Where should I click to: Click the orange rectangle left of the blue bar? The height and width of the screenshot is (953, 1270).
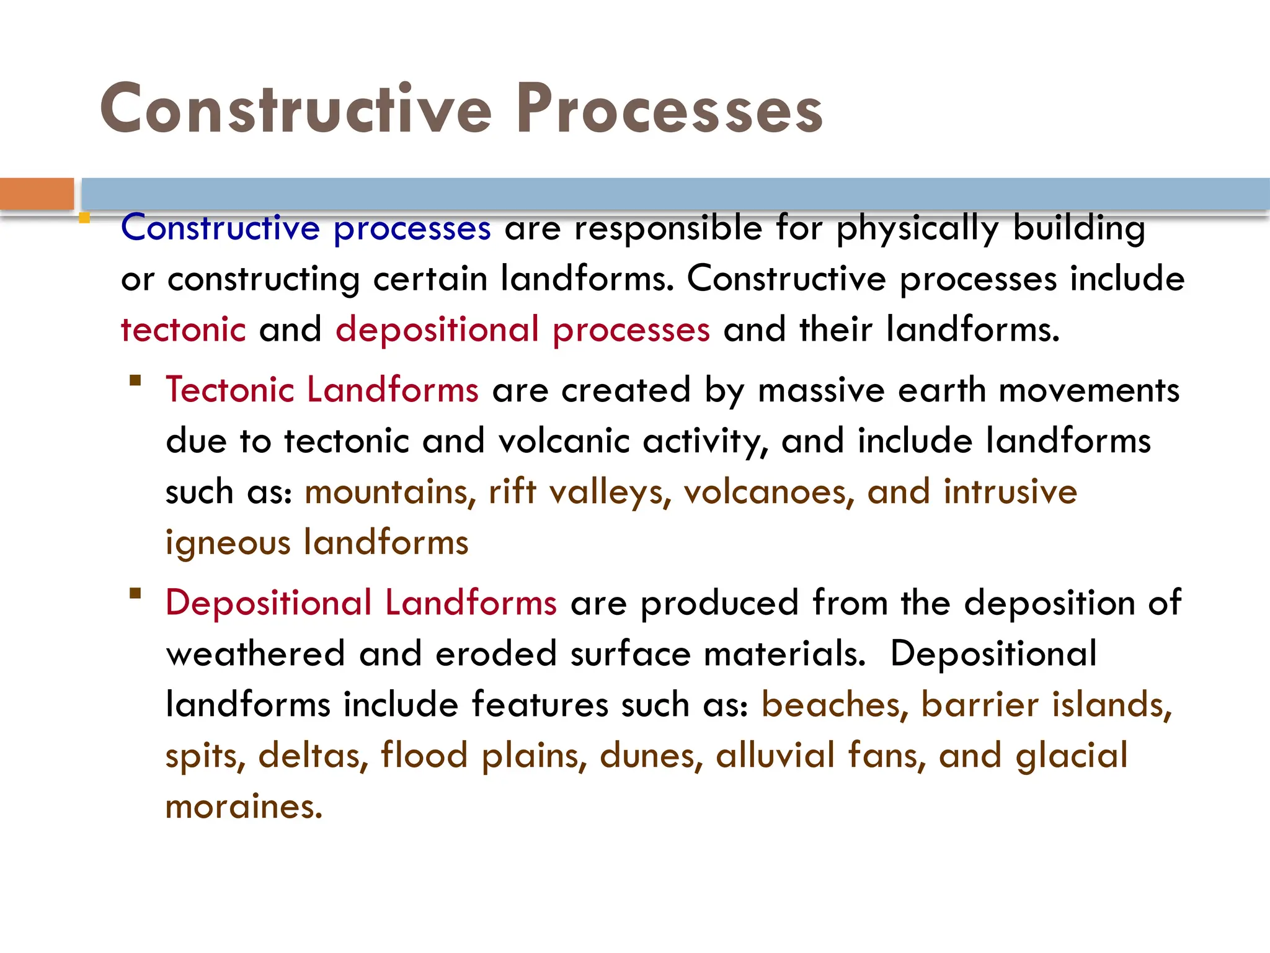point(37,194)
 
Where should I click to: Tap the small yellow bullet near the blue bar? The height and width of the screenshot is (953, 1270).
point(84,218)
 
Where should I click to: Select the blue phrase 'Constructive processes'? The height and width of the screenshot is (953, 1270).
point(306,228)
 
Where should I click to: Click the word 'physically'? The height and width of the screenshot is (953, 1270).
point(917,228)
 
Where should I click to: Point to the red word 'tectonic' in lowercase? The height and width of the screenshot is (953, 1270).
point(184,329)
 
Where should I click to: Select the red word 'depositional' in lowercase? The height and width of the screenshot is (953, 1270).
point(437,329)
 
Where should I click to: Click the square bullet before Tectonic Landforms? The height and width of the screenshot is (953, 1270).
point(135,380)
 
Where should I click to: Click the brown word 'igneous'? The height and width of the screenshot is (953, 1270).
point(228,544)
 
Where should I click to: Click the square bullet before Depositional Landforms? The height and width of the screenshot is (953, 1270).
point(135,593)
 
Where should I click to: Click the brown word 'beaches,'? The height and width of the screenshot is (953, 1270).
point(835,705)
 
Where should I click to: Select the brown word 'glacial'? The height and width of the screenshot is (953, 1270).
point(1072,756)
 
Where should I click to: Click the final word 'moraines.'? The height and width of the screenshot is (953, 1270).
point(244,807)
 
